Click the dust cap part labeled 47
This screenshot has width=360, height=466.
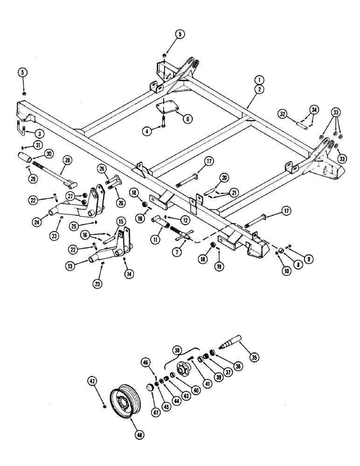pyautogui.click(x=151, y=389)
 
